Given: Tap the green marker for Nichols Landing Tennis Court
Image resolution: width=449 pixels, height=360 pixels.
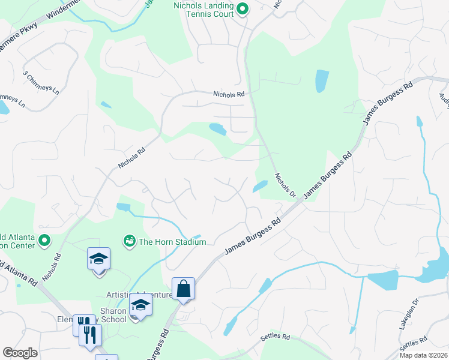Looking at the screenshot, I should (243, 9).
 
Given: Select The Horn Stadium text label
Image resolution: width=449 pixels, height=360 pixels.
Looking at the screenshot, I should (172, 242).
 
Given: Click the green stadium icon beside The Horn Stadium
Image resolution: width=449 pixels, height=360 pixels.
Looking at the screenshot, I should (128, 241).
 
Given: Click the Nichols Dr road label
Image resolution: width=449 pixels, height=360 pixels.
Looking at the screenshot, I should (286, 185).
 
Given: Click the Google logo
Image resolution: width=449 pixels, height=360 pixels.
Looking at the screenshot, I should (20, 353).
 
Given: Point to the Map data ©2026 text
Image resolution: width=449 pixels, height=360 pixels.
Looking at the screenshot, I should (424, 355).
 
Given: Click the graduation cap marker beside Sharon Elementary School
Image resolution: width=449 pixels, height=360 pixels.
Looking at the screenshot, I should (140, 306).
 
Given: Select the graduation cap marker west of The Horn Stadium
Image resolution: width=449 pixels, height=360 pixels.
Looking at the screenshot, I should (98, 259).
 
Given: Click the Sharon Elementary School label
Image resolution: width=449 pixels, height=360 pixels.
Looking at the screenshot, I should (114, 315).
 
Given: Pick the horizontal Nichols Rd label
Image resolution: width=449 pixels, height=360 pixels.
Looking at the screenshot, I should (229, 94).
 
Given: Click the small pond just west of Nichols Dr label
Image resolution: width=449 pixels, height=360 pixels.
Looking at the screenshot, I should (261, 186).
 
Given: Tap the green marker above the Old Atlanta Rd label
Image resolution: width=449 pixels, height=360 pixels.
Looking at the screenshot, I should (44, 241).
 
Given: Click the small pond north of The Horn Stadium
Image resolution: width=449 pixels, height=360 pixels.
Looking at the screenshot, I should (124, 208).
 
